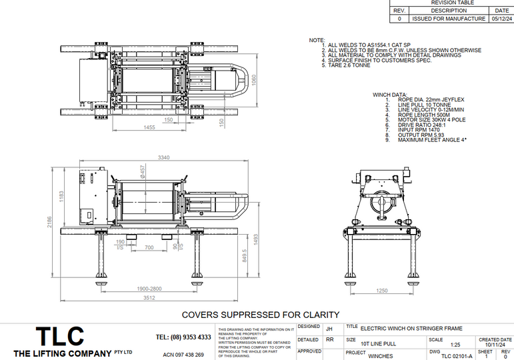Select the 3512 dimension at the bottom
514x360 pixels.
point(155,298)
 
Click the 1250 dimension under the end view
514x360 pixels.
point(383,290)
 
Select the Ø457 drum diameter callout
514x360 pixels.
point(141,171)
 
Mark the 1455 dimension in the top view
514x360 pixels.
point(149,127)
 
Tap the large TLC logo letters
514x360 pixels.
point(59,336)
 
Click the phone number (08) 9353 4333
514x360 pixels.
point(183,337)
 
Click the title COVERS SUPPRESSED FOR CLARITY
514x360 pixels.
point(261,315)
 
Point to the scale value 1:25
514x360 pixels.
point(437,345)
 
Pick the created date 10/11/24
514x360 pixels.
point(495,345)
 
